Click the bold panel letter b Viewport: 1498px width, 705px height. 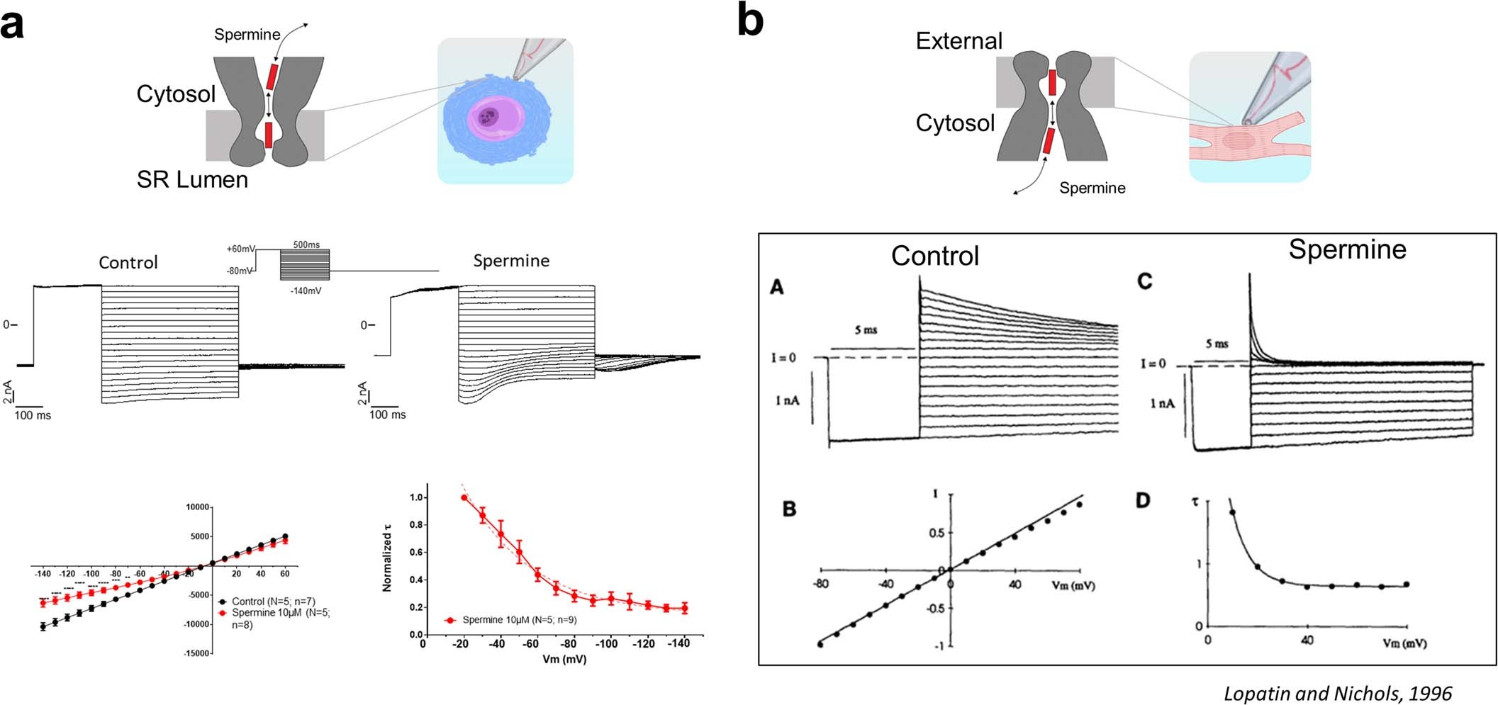click(x=750, y=21)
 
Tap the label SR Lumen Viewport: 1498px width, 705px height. click(x=192, y=180)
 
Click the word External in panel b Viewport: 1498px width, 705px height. click(x=958, y=41)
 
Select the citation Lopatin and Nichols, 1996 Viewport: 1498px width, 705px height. click(x=1338, y=693)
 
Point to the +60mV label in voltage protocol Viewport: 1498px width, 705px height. click(x=240, y=249)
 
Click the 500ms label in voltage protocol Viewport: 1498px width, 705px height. click(x=306, y=244)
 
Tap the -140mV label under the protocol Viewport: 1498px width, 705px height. click(x=306, y=291)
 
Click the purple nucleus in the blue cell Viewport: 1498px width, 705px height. click(x=488, y=117)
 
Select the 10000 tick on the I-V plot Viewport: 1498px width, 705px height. click(x=198, y=507)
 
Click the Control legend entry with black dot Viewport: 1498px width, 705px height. click(x=266, y=601)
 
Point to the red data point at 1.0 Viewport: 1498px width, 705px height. click(x=464, y=497)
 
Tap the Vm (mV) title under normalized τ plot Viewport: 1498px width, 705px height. click(x=564, y=659)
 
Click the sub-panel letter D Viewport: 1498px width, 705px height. click(x=1143, y=501)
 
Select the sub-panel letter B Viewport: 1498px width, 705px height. click(x=789, y=509)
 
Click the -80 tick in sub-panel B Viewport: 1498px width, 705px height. click(x=821, y=585)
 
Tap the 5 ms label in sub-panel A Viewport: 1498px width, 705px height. click(x=866, y=330)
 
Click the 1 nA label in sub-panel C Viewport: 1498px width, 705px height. click(x=1162, y=403)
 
